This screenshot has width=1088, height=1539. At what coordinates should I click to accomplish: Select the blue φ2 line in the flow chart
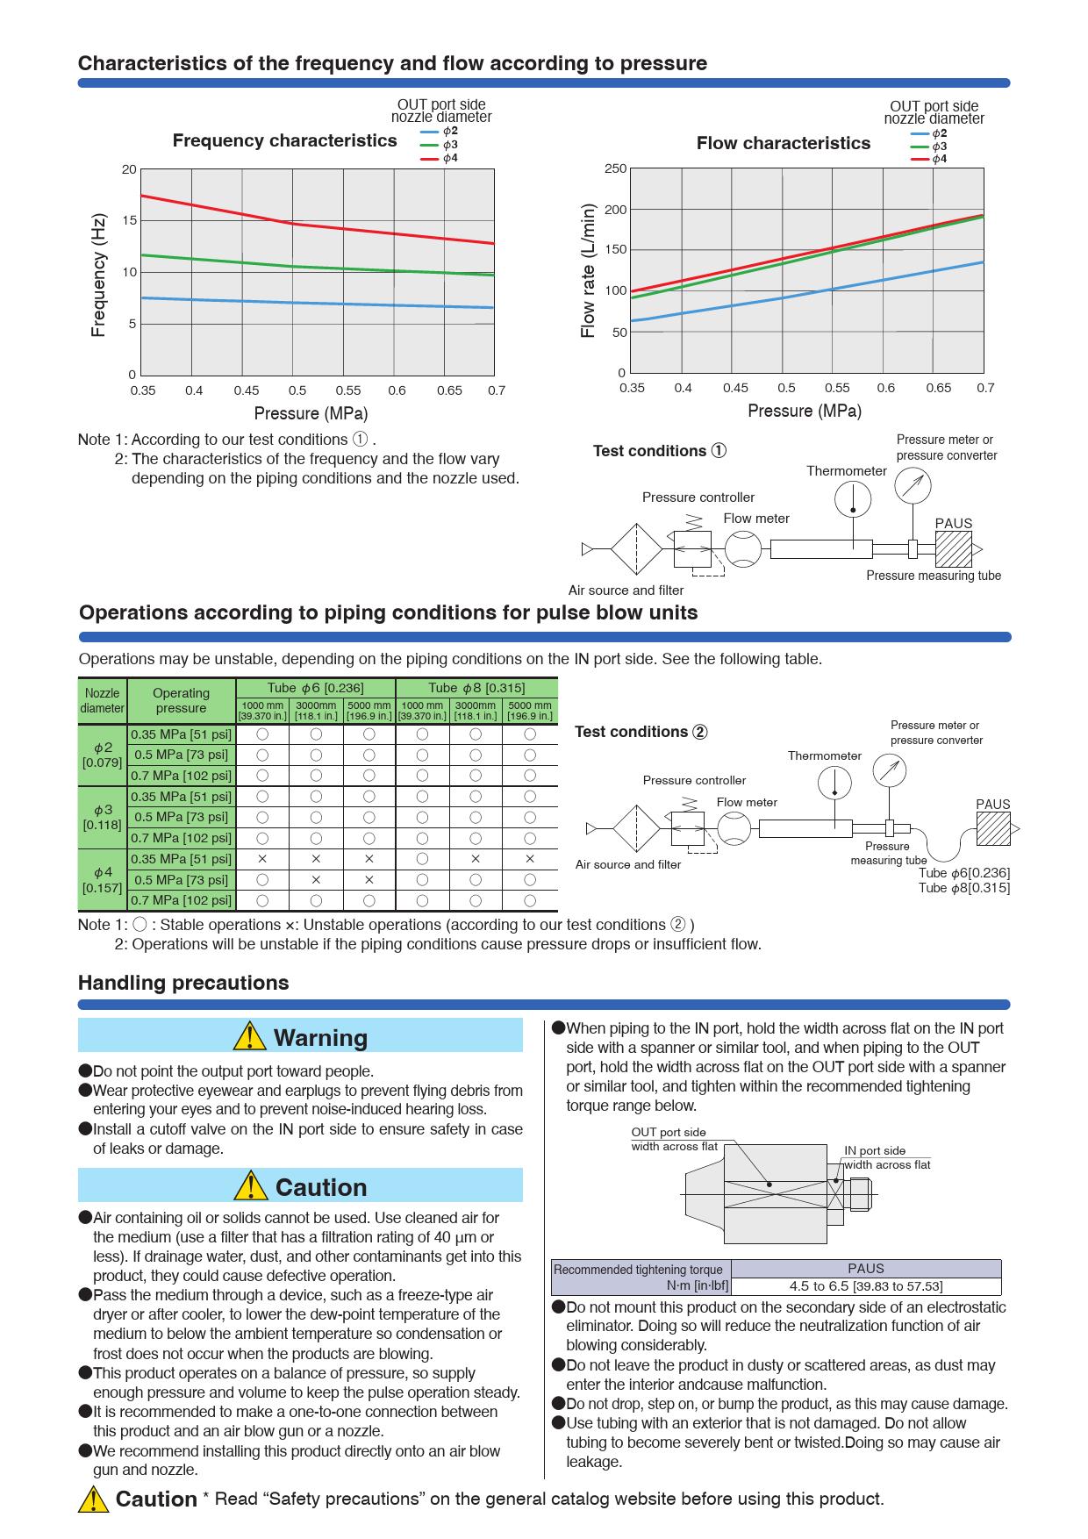point(790,297)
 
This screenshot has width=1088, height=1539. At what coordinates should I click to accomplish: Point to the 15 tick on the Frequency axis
point(129,220)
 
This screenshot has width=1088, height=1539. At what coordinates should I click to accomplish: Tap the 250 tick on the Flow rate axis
point(615,168)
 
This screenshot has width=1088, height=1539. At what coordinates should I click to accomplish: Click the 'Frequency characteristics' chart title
point(284,140)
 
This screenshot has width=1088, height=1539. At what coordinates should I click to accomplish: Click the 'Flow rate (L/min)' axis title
point(588,270)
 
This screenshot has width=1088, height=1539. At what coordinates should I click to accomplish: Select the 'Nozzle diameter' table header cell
point(102,700)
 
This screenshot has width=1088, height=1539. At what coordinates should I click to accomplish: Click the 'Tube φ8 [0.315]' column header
point(476,687)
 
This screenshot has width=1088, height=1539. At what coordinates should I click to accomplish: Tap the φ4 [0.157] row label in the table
point(103,879)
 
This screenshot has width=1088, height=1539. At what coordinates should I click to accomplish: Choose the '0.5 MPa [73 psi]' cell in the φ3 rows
point(181,817)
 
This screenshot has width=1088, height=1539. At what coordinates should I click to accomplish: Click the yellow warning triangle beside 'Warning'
point(250,1036)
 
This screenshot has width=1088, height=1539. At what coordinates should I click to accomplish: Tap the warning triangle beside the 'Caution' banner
point(251,1186)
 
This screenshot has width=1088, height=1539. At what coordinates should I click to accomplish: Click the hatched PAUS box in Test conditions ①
point(953,549)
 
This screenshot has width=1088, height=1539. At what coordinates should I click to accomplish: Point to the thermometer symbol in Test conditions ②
point(834,783)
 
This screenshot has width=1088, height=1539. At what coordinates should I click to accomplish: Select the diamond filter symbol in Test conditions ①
point(637,549)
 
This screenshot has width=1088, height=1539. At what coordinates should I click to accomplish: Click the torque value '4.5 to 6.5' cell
point(865,1286)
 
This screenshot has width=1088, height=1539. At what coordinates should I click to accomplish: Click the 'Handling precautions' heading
point(183,983)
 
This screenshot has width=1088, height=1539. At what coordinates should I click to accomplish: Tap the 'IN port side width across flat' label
point(886,1157)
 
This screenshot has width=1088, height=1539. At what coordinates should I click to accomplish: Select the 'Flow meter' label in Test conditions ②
point(747,802)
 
